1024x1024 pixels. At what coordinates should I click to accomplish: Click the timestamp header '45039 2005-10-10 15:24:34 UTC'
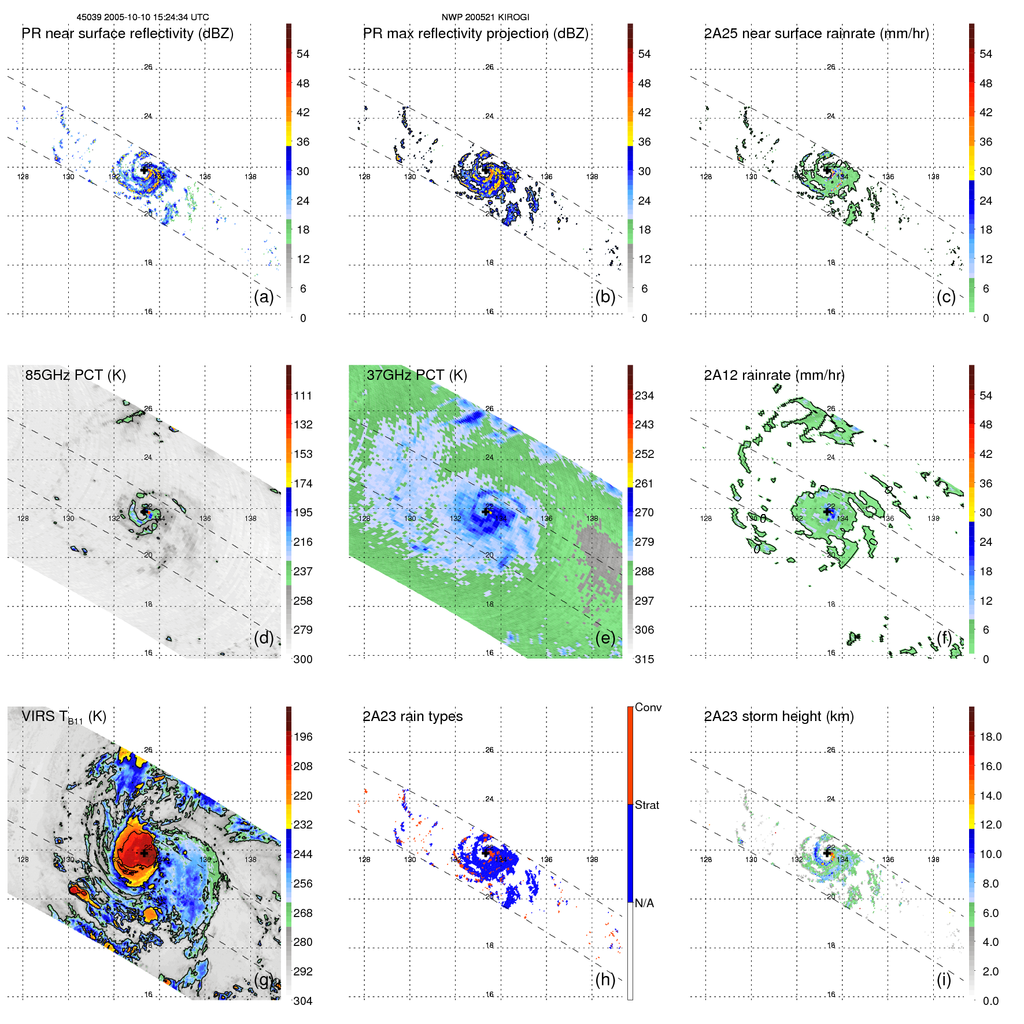pyautogui.click(x=143, y=17)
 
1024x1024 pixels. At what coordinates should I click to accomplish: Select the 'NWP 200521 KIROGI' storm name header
pyautogui.click(x=485, y=17)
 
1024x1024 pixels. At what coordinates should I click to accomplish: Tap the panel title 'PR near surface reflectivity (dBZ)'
pyautogui.click(x=128, y=34)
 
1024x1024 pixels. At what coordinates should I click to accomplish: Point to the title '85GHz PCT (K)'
pyautogui.click(x=75, y=375)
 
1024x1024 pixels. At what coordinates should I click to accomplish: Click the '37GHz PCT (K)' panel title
pyautogui.click(x=416, y=375)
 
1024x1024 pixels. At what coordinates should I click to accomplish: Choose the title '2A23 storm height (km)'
pyautogui.click(x=779, y=716)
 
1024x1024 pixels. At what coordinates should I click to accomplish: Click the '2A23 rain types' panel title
pyautogui.click(x=412, y=716)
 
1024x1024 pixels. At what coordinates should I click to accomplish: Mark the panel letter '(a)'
pyautogui.click(x=264, y=297)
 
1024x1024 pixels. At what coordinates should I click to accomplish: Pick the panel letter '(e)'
pyautogui.click(x=605, y=638)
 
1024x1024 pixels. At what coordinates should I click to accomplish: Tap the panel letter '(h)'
pyautogui.click(x=605, y=979)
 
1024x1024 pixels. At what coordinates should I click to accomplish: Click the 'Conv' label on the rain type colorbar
pyautogui.click(x=648, y=707)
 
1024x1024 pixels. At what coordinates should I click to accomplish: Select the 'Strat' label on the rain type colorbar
pyautogui.click(x=647, y=805)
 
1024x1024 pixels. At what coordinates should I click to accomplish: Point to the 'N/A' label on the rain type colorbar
pyautogui.click(x=644, y=903)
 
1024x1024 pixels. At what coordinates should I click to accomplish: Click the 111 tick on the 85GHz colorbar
pyautogui.click(x=303, y=395)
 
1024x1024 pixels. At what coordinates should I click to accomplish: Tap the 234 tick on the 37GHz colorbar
pyautogui.click(x=644, y=395)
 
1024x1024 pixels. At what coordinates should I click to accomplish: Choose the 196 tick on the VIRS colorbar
pyautogui.click(x=303, y=737)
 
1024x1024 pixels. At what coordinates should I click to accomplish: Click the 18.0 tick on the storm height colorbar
pyautogui.click(x=990, y=737)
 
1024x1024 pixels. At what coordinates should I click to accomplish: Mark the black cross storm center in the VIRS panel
pyautogui.click(x=144, y=853)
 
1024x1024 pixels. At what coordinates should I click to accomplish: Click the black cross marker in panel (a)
pyautogui.click(x=144, y=170)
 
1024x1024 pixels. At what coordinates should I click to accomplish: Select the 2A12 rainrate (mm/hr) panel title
pyautogui.click(x=774, y=375)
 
